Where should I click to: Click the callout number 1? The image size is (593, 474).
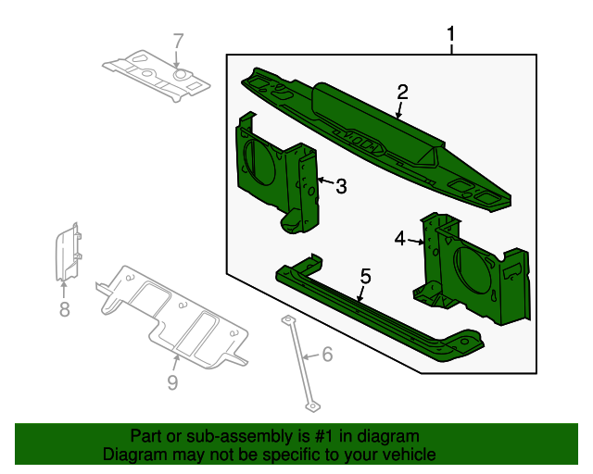click(x=451, y=36)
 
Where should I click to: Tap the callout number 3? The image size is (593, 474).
click(x=341, y=186)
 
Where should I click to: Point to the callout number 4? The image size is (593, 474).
click(x=399, y=239)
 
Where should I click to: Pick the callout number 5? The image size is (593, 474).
click(x=365, y=276)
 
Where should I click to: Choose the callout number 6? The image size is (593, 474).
click(x=326, y=354)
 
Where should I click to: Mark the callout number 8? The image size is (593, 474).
click(x=64, y=309)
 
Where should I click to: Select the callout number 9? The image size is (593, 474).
click(x=172, y=381)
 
